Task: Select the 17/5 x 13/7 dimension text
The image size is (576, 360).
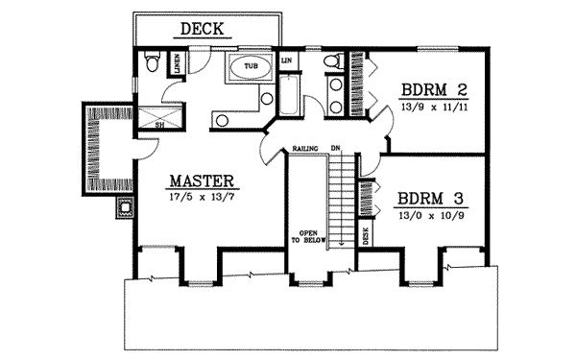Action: tap(203, 197)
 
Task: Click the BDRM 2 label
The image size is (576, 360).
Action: tap(435, 91)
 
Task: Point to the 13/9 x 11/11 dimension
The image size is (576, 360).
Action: tap(435, 108)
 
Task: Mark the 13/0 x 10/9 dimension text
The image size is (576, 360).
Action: tap(431, 217)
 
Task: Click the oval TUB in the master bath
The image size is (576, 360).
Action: tap(251, 67)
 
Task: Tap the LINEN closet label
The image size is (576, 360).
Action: tap(179, 63)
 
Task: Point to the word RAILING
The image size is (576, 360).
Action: tap(306, 148)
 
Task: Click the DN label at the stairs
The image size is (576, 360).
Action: tap(335, 148)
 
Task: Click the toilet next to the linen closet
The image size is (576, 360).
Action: tap(150, 63)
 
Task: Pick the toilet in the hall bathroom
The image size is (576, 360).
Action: tap(331, 63)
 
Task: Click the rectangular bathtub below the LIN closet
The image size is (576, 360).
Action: tap(288, 96)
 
